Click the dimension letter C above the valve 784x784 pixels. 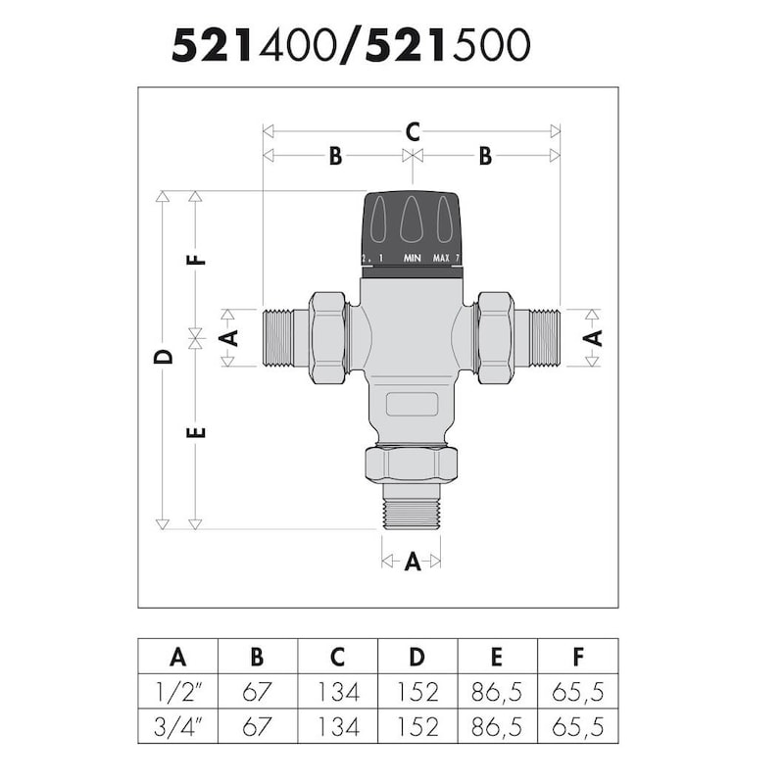(413, 130)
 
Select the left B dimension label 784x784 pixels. (335, 156)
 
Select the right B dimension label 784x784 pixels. (484, 156)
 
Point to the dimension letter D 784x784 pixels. (164, 356)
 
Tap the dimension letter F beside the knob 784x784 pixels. (197, 260)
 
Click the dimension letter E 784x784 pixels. (197, 431)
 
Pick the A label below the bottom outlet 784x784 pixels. (412, 562)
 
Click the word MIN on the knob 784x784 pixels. (413, 259)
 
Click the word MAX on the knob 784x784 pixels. (442, 259)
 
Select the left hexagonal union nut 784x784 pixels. (328, 336)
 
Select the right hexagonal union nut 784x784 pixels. (495, 336)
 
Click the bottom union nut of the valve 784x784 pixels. (412, 464)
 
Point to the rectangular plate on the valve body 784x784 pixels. (412, 403)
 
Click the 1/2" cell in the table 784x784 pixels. (177, 692)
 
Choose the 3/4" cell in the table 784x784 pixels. (177, 727)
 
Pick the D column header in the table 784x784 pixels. (417, 656)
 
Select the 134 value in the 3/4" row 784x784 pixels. (337, 727)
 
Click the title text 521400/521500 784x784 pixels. (351, 45)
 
